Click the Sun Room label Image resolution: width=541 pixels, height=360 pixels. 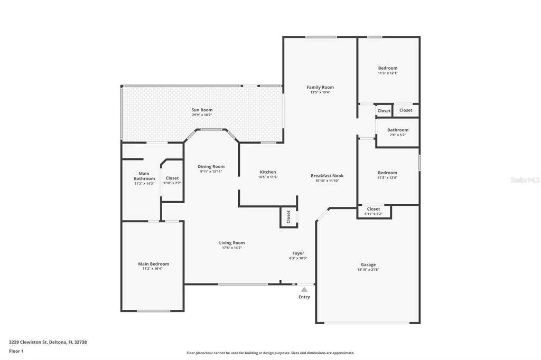pyautogui.click(x=202, y=110)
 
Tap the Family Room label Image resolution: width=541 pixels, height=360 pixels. pyautogui.click(x=320, y=87)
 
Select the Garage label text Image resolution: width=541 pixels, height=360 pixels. pyautogui.click(x=368, y=265)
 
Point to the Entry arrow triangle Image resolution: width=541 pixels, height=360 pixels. pyautogui.click(x=304, y=290)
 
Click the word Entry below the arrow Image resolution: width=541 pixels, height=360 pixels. pyautogui.click(x=304, y=297)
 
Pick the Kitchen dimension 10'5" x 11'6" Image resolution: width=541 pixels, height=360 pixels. pyautogui.click(x=268, y=177)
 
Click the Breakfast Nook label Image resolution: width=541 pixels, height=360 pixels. pyautogui.click(x=327, y=176)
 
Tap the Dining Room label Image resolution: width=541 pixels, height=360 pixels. pyautogui.click(x=211, y=167)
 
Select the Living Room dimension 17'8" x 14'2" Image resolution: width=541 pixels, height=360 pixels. pyautogui.click(x=232, y=248)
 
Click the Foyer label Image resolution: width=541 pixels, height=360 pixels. pyautogui.click(x=298, y=253)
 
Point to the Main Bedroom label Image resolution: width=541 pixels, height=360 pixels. pyautogui.click(x=154, y=264)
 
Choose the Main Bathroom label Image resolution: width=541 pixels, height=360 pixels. pyautogui.click(x=144, y=176)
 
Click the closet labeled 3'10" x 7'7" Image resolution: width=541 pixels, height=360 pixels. pyautogui.click(x=172, y=181)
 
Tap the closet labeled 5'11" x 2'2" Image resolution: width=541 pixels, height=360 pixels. pyautogui.click(x=374, y=211)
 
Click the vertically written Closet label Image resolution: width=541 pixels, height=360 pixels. pyautogui.click(x=288, y=217)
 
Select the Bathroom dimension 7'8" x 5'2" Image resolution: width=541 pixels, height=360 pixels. pyautogui.click(x=398, y=135)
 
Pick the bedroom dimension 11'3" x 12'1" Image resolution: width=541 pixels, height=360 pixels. pyautogui.click(x=388, y=73)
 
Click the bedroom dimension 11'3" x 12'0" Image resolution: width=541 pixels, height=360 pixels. pyautogui.click(x=387, y=178)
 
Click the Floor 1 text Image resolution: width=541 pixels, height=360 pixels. pyautogui.click(x=16, y=351)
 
